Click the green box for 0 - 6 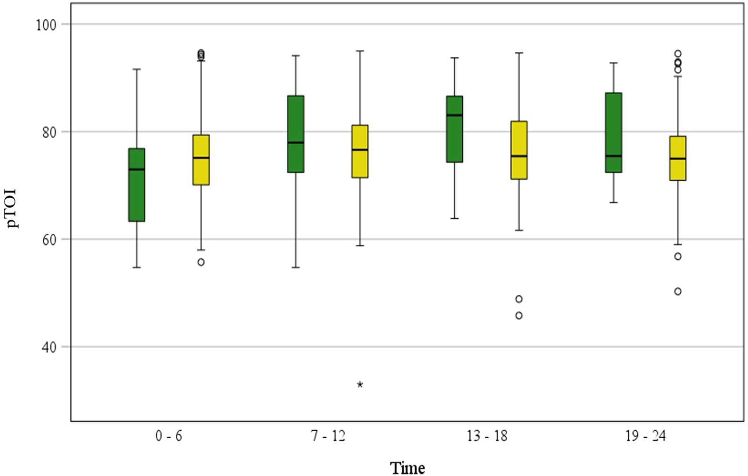pyautogui.click(x=137, y=185)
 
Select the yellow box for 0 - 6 pyautogui.click(x=201, y=160)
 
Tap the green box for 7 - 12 pyautogui.click(x=296, y=134)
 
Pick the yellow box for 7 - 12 pyautogui.click(x=360, y=151)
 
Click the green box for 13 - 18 pyautogui.click(x=454, y=129)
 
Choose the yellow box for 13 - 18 pyautogui.click(x=519, y=150)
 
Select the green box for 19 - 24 pyautogui.click(x=613, y=133)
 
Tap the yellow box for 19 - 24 pyautogui.click(x=678, y=158)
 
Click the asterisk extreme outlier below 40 pyautogui.click(x=360, y=385)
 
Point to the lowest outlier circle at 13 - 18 pyautogui.click(x=519, y=316)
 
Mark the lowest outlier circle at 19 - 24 pyautogui.click(x=678, y=292)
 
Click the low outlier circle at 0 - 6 pyautogui.click(x=201, y=262)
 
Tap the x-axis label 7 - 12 pyautogui.click(x=328, y=436)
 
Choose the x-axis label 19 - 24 pyautogui.click(x=645, y=436)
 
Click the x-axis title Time pyautogui.click(x=407, y=468)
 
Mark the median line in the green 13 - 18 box pyautogui.click(x=454, y=115)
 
